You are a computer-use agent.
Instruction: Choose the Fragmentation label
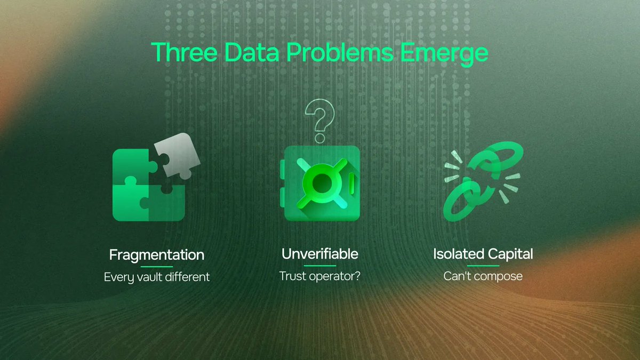[x=156, y=255]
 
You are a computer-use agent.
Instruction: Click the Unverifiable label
[x=319, y=254]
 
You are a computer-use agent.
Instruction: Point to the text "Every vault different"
[x=156, y=277]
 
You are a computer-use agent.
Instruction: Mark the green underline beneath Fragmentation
[x=156, y=266]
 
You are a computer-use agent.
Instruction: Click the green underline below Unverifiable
[x=319, y=266]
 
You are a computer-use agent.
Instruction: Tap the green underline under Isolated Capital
[x=483, y=266]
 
